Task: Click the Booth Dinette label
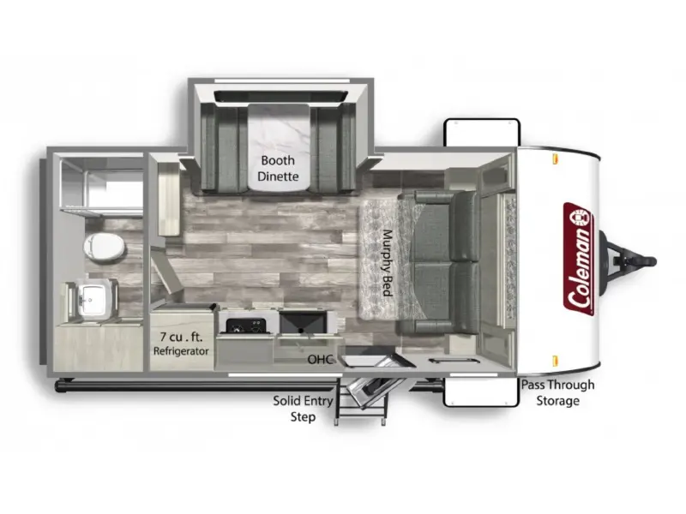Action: tap(278, 168)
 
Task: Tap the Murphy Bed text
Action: tap(387, 263)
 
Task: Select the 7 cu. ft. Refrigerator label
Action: tap(181, 344)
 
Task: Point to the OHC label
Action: tap(321, 359)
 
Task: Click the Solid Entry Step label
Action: tap(303, 409)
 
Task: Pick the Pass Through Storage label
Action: tap(558, 392)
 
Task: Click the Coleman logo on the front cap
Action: tap(578, 260)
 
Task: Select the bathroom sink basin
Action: tap(92, 299)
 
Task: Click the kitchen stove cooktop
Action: tap(246, 326)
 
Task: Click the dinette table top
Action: tap(278, 146)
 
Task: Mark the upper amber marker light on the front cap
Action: tap(555, 158)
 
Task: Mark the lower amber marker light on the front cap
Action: tap(555, 361)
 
